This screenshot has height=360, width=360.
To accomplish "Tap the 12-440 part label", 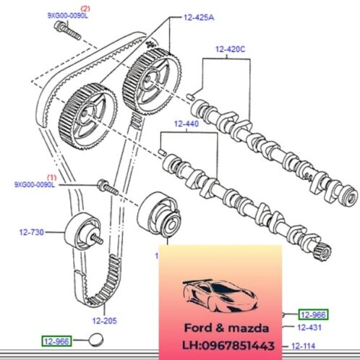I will click(x=185, y=124).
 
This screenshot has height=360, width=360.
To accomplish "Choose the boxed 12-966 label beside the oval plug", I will click(x=58, y=340).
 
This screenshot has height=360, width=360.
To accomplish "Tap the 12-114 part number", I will click(x=310, y=345).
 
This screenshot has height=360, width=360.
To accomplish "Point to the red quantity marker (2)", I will click(x=53, y=7).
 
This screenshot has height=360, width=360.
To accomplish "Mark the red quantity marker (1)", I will click(x=51, y=176).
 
